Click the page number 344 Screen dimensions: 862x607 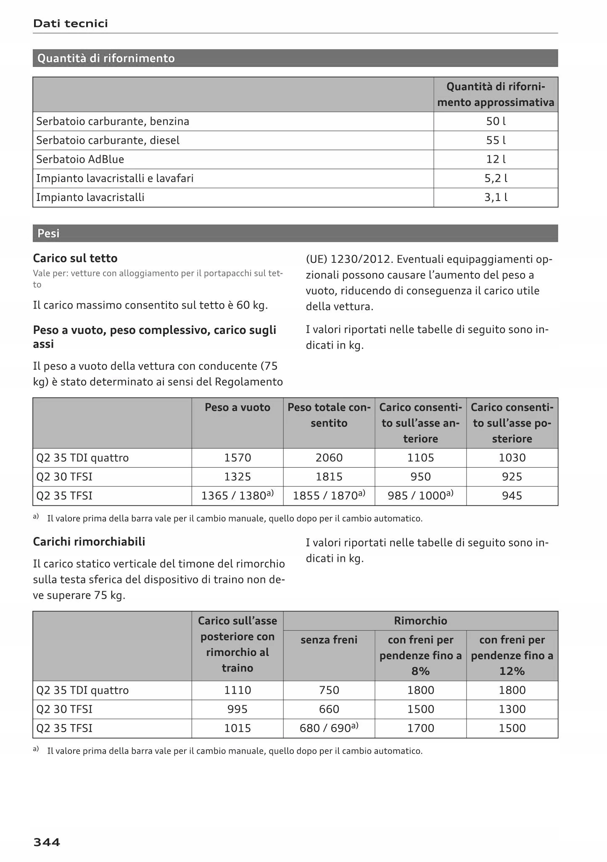[47, 842]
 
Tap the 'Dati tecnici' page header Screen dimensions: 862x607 [71, 24]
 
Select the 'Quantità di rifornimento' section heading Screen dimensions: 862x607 [106, 58]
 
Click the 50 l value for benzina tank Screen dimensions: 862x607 [496, 122]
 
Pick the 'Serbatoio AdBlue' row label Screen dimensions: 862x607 [80, 159]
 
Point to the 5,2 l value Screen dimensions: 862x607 [496, 178]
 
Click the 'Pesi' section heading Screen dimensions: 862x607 [48, 233]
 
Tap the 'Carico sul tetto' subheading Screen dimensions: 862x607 [75, 258]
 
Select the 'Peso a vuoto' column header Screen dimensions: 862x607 [238, 407]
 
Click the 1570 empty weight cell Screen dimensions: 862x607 [238, 458]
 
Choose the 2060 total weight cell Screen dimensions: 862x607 [329, 458]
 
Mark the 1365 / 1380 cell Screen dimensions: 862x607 [238, 496]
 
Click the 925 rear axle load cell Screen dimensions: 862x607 [512, 477]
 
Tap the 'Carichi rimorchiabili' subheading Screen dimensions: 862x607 [89, 542]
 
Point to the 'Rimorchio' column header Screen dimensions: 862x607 [420, 621]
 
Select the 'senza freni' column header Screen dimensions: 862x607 [329, 640]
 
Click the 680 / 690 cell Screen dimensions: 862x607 [329, 728]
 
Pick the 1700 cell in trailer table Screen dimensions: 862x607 [420, 728]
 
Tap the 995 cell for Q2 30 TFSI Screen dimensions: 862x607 [238, 709]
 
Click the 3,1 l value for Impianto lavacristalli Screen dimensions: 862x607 [496, 197]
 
